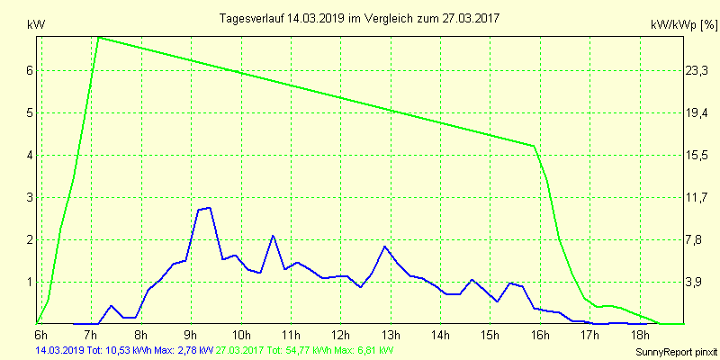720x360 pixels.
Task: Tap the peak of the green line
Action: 98,38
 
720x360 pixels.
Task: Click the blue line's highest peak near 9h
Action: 209,208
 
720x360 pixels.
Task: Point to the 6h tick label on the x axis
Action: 40,335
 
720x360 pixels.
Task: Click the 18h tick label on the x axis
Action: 640,335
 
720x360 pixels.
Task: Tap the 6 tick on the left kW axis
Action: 29,70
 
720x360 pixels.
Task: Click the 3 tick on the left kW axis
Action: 29,197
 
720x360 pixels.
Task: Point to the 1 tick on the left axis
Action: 29,282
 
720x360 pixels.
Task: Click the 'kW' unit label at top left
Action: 37,25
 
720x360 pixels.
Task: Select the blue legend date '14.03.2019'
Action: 58,348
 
